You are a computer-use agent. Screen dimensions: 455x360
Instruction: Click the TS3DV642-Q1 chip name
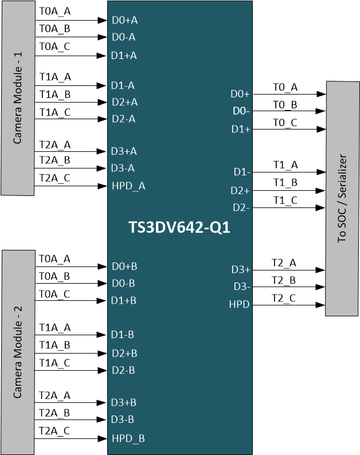tap(179, 227)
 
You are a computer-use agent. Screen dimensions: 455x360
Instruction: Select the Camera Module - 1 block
tap(18, 98)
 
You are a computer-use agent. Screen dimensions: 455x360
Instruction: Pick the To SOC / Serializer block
tap(342, 198)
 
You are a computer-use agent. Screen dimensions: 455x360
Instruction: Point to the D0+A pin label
tap(124, 20)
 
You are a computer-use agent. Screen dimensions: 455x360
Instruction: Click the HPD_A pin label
tap(128, 186)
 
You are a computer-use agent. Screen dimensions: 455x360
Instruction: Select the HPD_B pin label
tap(128, 438)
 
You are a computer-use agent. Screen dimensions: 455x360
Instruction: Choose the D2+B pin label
tap(124, 353)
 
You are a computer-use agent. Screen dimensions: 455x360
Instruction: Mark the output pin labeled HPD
tap(240, 305)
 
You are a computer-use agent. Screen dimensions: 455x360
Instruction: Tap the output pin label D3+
tap(240, 269)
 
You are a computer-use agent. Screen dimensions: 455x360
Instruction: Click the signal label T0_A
tap(285, 87)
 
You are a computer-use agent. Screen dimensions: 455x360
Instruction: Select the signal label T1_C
tap(285, 200)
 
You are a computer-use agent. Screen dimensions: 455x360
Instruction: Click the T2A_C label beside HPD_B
tap(54, 430)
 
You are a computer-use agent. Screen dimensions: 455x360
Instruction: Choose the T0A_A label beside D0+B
tap(54, 259)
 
